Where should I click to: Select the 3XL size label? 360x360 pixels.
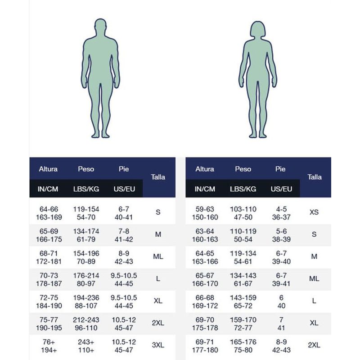point(158,345)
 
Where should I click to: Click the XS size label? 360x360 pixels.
point(314,211)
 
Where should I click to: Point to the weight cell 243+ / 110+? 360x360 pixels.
point(86,345)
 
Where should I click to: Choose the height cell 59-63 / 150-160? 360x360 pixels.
point(204,213)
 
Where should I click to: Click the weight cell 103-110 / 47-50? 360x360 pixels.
point(243,213)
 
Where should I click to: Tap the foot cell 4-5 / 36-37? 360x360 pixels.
point(282,213)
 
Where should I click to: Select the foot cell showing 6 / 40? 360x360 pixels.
point(282,301)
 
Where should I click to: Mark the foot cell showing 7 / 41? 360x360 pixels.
point(282,324)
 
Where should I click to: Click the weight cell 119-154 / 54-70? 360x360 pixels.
point(86,213)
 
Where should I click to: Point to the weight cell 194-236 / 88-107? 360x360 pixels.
point(86,301)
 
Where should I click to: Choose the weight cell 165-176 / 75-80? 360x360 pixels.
point(243,345)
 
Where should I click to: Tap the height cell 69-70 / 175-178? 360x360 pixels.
point(204,324)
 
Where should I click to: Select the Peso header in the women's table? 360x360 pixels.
point(243,169)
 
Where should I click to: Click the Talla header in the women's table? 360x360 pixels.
point(315,177)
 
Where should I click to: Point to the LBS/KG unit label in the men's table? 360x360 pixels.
point(86,189)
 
